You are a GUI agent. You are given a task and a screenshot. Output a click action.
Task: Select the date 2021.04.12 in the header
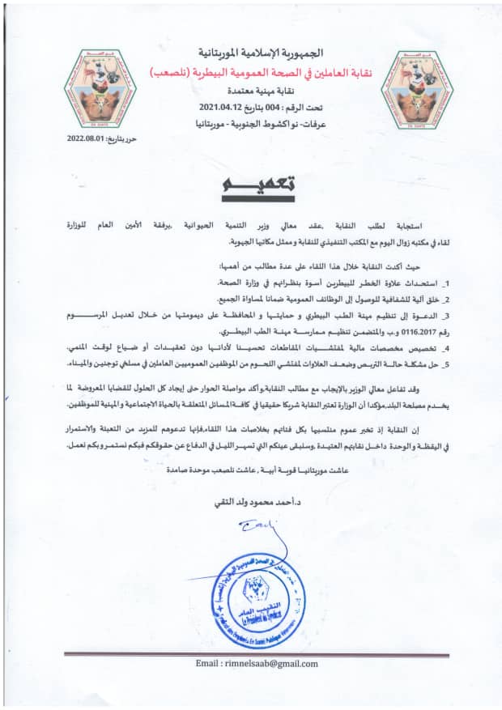pyautogui.click(x=219, y=107)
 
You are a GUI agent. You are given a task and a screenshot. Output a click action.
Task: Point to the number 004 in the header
pyautogui.click(x=270, y=107)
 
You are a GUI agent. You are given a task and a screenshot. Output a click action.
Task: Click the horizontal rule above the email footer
pyautogui.click(x=251, y=653)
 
